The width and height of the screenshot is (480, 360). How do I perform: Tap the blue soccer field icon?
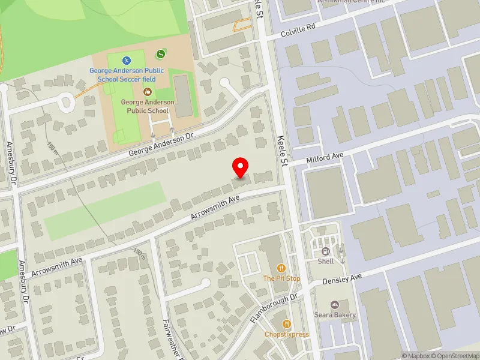(x=126, y=60)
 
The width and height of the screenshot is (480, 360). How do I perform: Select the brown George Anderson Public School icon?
(x=148, y=92)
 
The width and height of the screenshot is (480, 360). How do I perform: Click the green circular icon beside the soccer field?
(x=160, y=55)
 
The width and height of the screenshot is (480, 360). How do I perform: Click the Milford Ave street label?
(x=325, y=157)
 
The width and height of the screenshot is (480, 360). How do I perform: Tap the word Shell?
(x=326, y=262)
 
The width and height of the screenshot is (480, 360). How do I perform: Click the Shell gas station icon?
(x=326, y=251)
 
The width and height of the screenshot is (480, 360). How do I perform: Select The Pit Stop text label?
(x=281, y=279)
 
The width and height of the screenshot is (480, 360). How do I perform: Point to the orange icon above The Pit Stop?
(x=281, y=268)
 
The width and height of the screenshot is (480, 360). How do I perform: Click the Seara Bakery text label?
(x=335, y=315)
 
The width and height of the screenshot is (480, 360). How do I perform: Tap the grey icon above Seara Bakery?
(x=335, y=305)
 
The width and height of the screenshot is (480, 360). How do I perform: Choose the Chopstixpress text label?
(x=287, y=334)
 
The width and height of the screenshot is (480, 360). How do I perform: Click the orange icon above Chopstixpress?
(x=286, y=323)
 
